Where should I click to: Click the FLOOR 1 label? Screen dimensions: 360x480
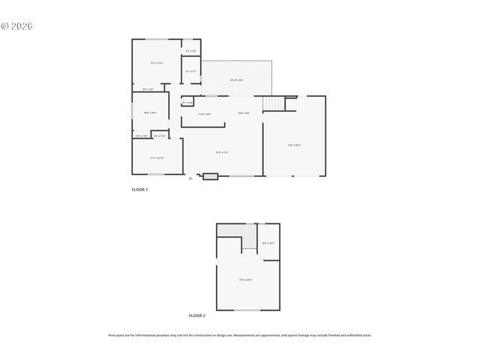click(139, 190)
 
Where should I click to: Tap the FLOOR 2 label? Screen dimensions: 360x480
click(196, 316)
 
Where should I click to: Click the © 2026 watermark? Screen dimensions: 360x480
click(17, 25)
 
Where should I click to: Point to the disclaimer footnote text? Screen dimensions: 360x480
click(240, 335)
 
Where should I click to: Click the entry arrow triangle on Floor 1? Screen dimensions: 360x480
click(190, 178)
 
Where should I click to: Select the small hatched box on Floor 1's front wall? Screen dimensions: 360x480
click(210, 177)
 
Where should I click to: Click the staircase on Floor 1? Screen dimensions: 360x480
click(274, 103)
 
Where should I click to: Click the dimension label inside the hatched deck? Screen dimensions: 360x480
click(236, 79)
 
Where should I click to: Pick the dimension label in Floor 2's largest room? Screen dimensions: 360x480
click(245, 280)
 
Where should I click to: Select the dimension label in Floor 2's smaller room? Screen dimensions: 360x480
click(268, 243)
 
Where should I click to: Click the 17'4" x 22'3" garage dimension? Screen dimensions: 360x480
click(294, 144)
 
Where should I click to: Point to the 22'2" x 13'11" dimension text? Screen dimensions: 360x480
click(222, 152)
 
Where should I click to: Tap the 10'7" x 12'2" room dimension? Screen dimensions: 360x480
click(156, 63)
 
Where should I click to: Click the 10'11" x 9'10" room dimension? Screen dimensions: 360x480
click(157, 157)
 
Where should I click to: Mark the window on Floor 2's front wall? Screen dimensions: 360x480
click(247, 310)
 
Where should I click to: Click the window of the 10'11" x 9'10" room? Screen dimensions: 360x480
click(157, 175)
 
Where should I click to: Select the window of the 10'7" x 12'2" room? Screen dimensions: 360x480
click(157, 39)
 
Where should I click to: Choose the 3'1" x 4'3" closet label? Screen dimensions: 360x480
click(191, 51)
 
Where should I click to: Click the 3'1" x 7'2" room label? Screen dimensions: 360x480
click(191, 71)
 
